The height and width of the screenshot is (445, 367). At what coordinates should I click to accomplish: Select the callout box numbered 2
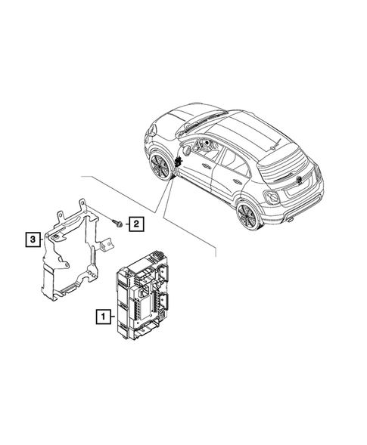pyautogui.click(x=135, y=223)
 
